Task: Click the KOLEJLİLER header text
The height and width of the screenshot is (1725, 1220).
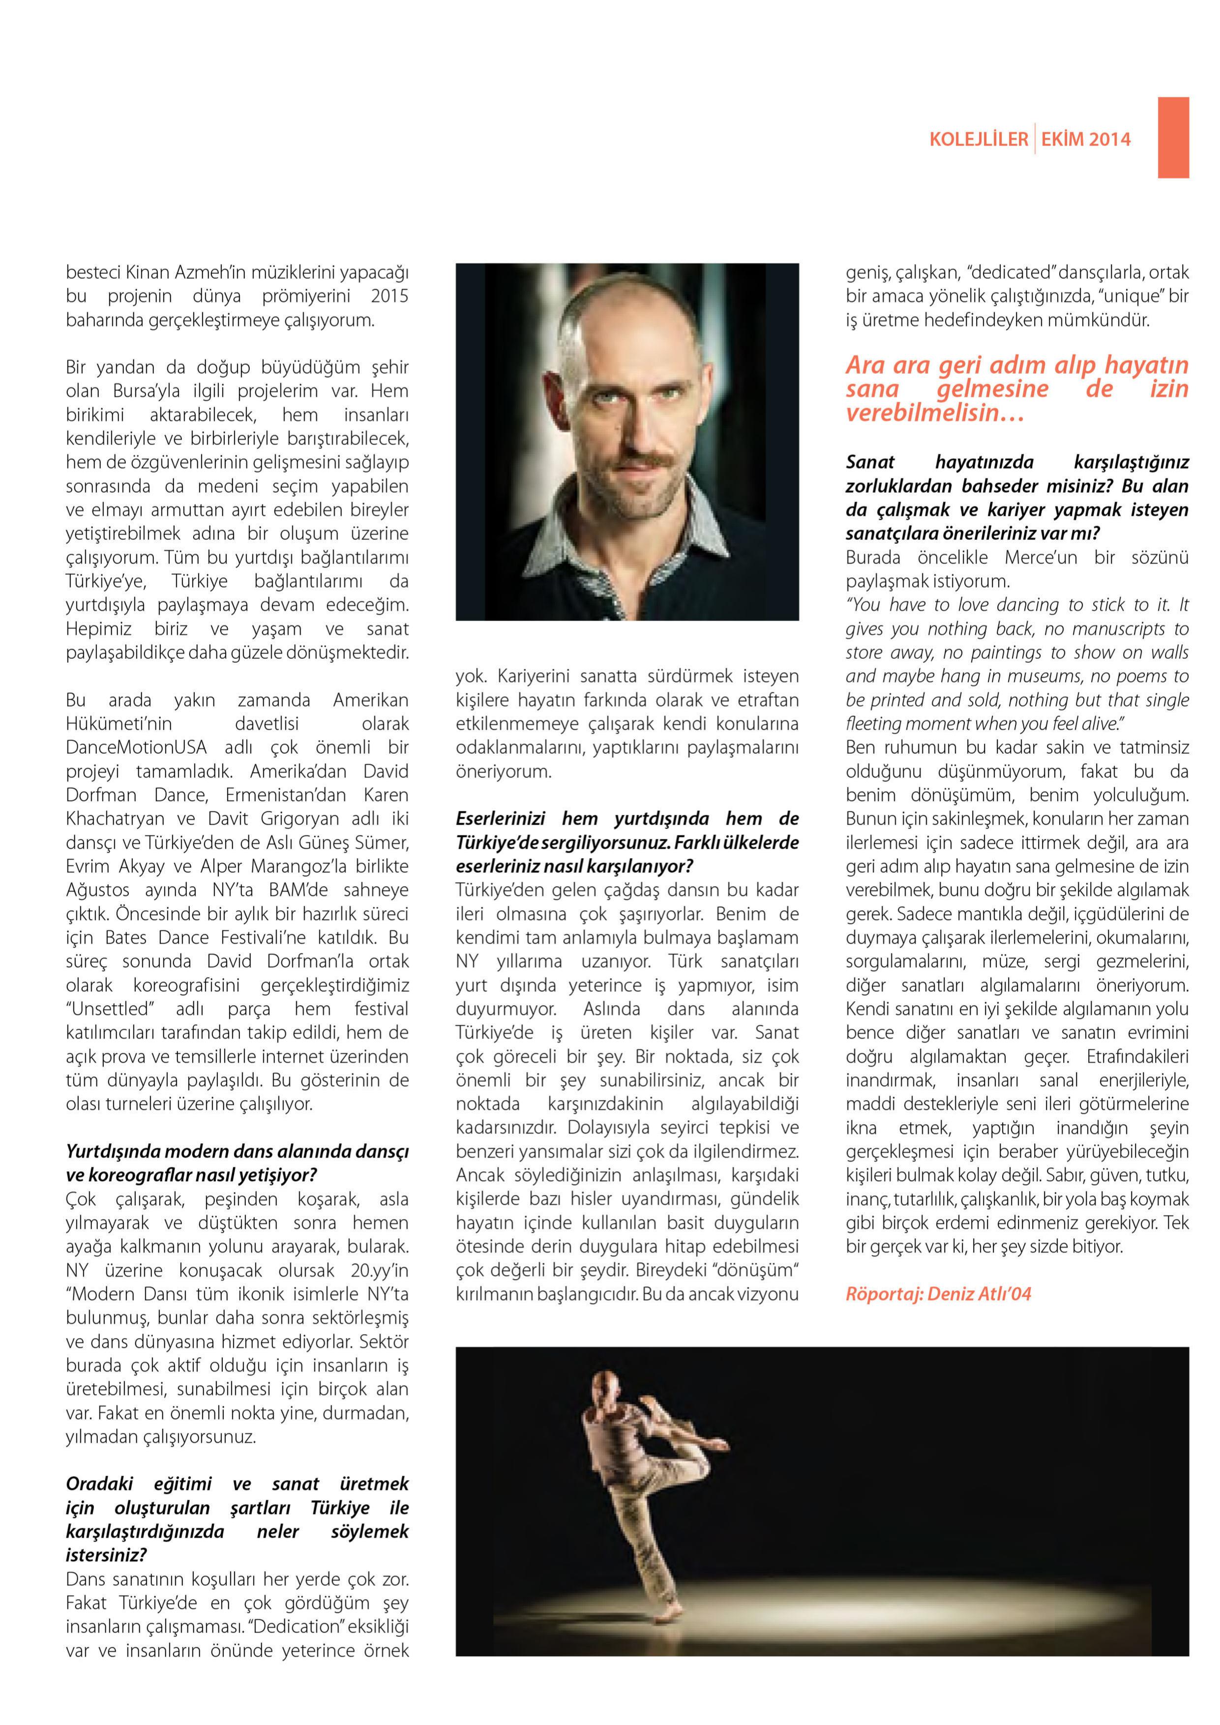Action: (x=978, y=139)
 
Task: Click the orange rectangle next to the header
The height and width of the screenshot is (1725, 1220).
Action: (x=1173, y=138)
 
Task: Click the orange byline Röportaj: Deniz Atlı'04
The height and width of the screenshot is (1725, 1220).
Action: (x=938, y=1294)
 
